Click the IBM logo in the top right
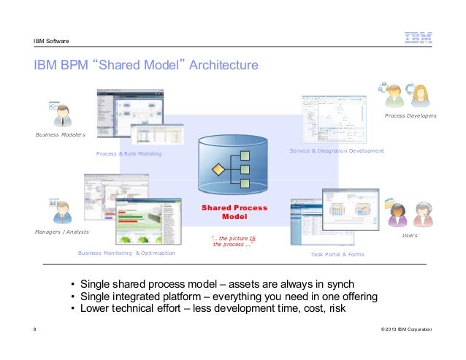417,39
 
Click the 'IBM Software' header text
52,40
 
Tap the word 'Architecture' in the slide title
224,66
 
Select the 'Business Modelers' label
61,135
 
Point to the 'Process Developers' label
410,115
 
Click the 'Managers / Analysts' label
62,231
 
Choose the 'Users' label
410,236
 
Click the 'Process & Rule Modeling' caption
129,154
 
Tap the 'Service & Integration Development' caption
337,150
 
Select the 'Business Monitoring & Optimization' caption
126,253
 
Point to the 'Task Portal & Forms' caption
337,254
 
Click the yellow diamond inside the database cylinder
216,170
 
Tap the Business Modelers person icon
62,116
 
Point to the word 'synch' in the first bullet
339,283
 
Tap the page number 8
35,330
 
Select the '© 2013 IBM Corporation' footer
406,330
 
